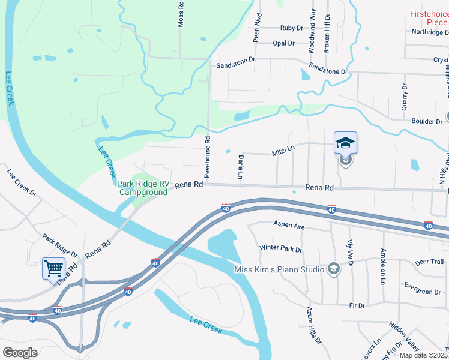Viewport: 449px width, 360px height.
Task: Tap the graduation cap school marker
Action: [x=345, y=143]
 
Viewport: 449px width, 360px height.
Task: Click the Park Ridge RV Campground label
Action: [x=142, y=188]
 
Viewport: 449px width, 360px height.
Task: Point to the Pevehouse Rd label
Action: [x=207, y=157]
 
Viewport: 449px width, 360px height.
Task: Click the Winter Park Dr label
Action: [x=280, y=248]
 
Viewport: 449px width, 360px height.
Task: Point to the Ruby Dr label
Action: [x=292, y=28]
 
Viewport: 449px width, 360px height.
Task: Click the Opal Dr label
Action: [x=283, y=43]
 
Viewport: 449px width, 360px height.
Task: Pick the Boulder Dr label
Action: [x=427, y=121]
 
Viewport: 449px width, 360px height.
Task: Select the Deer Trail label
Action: [x=429, y=262]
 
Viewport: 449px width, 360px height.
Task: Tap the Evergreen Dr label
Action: [x=423, y=292]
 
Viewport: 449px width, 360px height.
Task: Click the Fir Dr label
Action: [x=357, y=305]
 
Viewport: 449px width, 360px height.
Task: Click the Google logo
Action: [x=20, y=353]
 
